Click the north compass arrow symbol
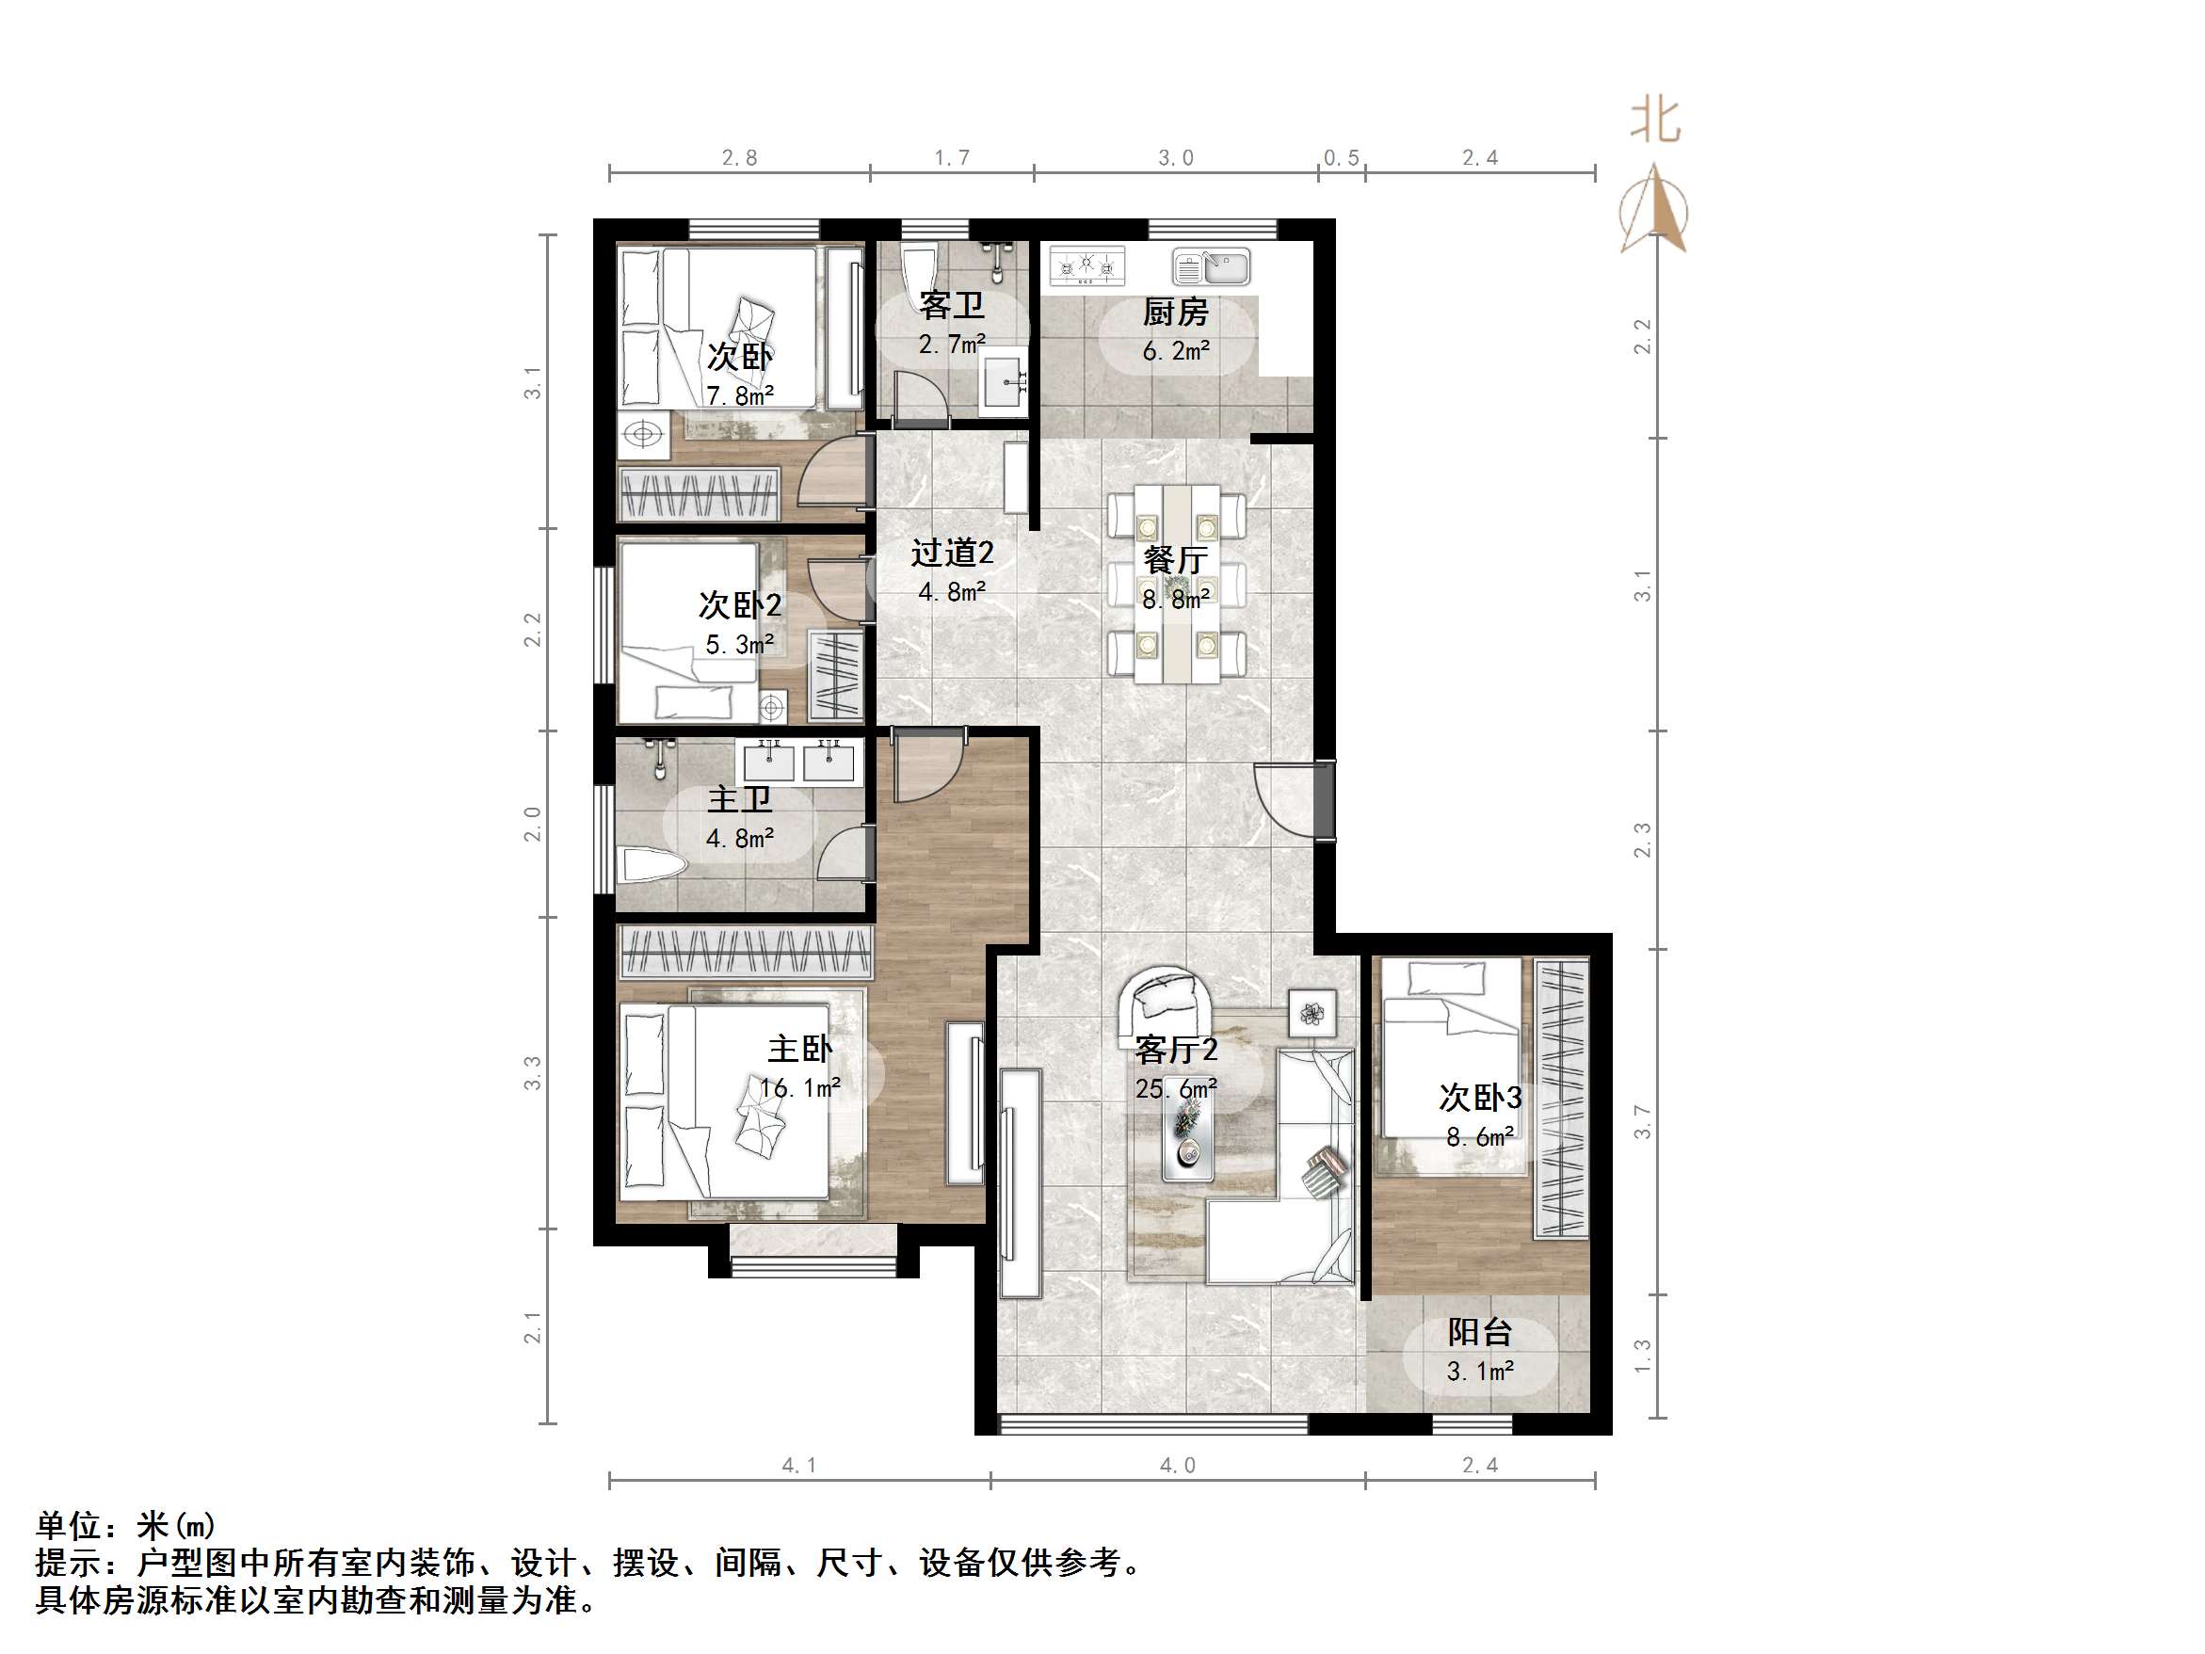pos(1655,209)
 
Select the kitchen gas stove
pos(1086,266)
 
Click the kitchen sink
pos(1211,267)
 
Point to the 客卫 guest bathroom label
pos(951,305)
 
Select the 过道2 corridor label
pos(952,554)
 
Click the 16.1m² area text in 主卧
pos(799,1087)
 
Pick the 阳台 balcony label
pos(1479,1332)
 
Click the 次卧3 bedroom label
pos(1479,1098)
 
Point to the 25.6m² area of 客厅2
pos(1175,1089)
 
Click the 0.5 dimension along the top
pos(1341,158)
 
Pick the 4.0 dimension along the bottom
pos(1177,1466)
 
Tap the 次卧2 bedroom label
pos(740,605)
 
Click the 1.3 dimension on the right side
pos(1642,1356)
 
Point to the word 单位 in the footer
pos(69,1526)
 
